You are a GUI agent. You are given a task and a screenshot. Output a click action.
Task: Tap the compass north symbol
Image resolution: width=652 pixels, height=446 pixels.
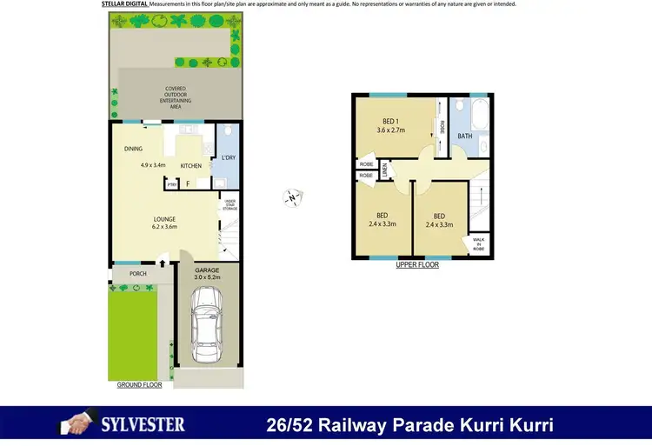coord(292,198)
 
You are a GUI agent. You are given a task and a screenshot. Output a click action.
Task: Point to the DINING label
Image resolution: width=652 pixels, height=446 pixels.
coord(133,149)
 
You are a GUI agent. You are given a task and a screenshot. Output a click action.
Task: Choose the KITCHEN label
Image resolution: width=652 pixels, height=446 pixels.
coord(190,166)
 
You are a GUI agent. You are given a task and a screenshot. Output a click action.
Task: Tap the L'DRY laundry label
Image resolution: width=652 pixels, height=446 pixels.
coord(229,157)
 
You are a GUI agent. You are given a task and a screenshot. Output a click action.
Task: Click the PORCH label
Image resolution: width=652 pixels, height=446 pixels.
coord(137,274)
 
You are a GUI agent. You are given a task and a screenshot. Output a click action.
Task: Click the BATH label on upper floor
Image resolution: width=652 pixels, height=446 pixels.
coord(465,136)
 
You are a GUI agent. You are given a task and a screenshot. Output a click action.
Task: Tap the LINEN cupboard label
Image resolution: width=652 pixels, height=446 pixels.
coord(384,172)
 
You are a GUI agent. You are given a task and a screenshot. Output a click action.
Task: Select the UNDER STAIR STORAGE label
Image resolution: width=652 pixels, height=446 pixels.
coord(229,205)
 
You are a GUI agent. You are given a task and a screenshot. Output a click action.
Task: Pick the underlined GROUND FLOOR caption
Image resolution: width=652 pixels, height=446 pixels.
coord(139,384)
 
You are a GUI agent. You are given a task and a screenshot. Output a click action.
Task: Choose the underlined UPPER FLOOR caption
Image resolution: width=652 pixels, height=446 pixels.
coord(417,265)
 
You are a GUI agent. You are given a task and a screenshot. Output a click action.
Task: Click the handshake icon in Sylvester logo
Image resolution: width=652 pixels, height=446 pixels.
coord(74,425)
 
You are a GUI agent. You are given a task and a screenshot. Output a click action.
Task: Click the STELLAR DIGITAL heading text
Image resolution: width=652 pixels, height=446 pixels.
coord(124,4)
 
